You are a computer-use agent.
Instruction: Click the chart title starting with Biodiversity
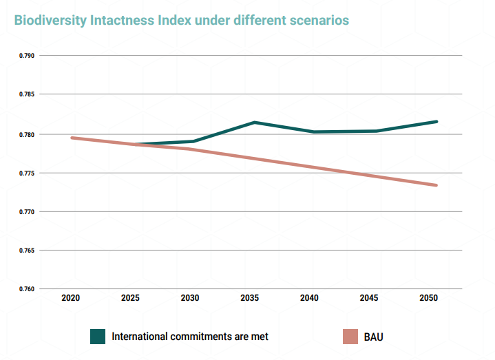(182, 20)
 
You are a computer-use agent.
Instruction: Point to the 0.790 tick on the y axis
(25, 56)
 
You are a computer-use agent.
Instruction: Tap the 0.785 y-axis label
(25, 94)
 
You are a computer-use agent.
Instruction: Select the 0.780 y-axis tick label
(25, 134)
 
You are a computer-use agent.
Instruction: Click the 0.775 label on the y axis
(25, 173)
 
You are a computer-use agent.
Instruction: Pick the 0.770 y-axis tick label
(25, 212)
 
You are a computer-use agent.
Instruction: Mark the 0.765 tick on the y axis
(25, 251)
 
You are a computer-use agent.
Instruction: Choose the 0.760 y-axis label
(25, 289)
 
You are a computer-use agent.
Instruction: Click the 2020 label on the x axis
(71, 298)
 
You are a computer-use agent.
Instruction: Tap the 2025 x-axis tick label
(131, 298)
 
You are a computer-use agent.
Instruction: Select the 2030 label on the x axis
(190, 298)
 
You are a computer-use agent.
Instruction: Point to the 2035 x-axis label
(250, 298)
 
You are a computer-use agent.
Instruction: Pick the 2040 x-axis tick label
(309, 298)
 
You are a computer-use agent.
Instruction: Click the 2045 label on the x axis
(369, 298)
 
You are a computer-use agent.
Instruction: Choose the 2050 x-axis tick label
(428, 298)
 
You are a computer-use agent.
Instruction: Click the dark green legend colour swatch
(98, 337)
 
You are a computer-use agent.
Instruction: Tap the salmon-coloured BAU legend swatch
(350, 337)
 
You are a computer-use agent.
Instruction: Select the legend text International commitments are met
(190, 337)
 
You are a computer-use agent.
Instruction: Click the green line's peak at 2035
(253, 123)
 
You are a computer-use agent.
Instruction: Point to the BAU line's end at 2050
(436, 185)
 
